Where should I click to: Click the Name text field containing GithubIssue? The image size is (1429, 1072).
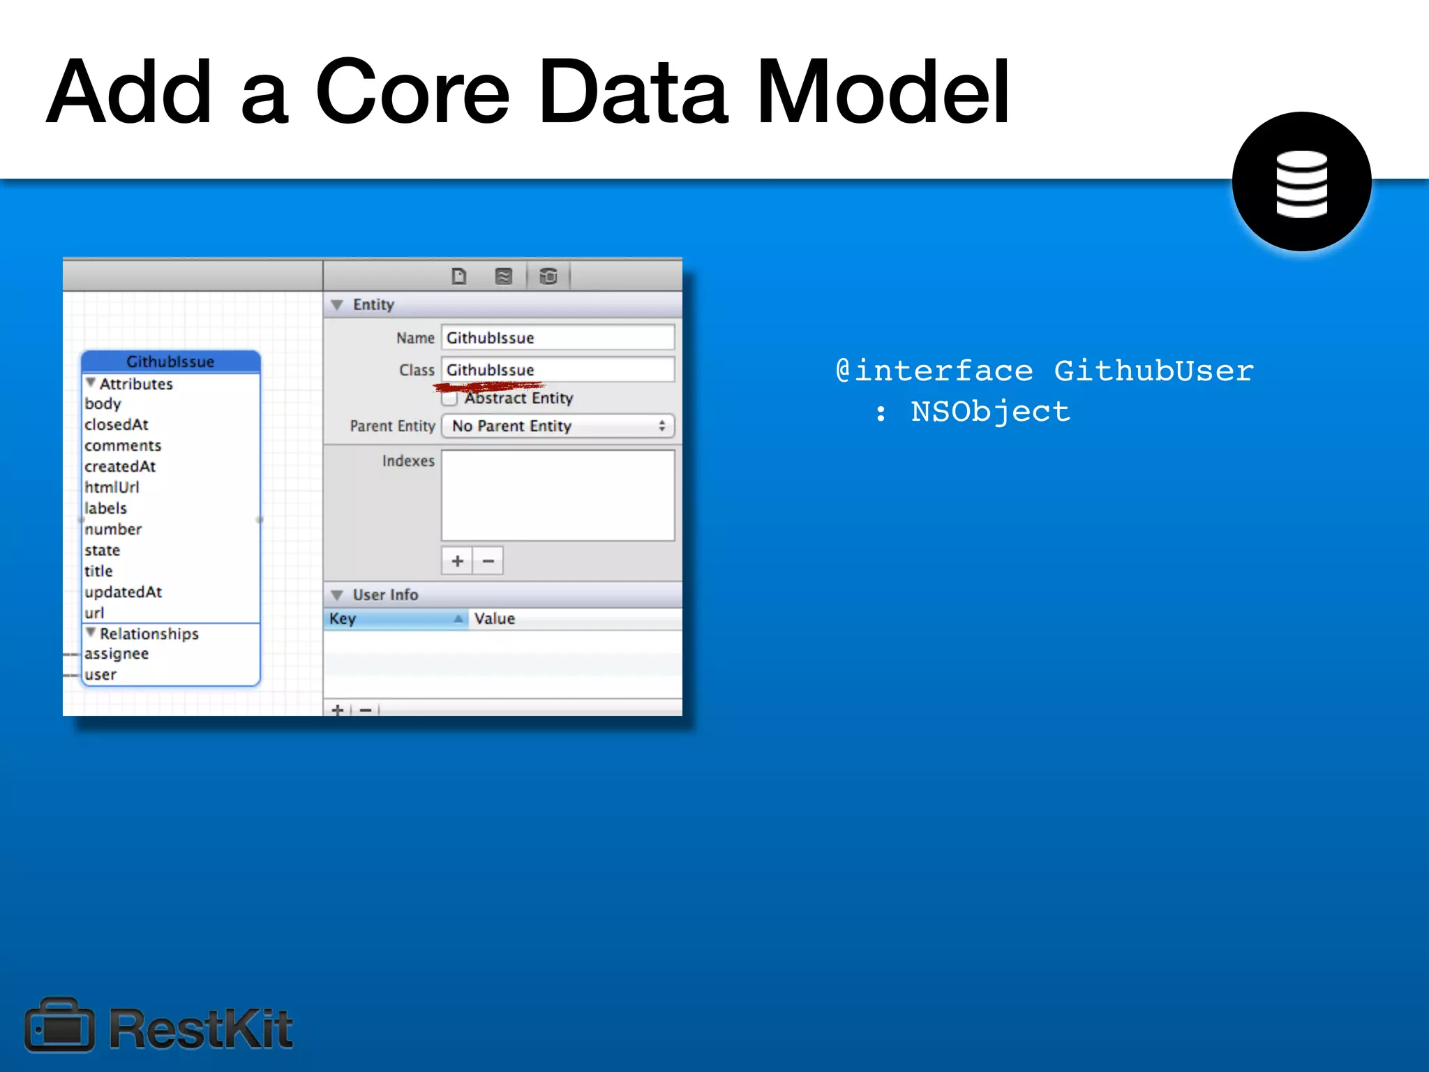coord(557,338)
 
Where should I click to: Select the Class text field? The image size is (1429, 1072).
coord(557,370)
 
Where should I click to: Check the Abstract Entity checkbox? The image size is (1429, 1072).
coord(450,399)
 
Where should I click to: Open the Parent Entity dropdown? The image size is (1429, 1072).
coord(558,426)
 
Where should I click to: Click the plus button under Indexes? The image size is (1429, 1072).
coord(457,561)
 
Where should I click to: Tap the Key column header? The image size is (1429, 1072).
coord(395,619)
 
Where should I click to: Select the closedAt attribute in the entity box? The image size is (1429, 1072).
coord(117,424)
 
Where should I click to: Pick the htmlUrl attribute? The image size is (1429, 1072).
coord(112,487)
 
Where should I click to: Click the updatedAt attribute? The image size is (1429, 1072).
coord(123,592)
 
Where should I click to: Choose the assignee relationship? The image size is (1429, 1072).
coord(117,654)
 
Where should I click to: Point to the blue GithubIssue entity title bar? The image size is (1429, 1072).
coord(170,362)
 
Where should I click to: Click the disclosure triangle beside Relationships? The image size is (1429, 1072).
coord(91,633)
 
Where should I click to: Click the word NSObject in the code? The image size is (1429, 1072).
coord(990,412)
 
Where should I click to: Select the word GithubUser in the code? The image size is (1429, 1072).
coord(1153,371)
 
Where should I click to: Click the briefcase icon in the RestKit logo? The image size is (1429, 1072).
coord(59,1026)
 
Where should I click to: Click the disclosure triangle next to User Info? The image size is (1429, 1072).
coord(338,595)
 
